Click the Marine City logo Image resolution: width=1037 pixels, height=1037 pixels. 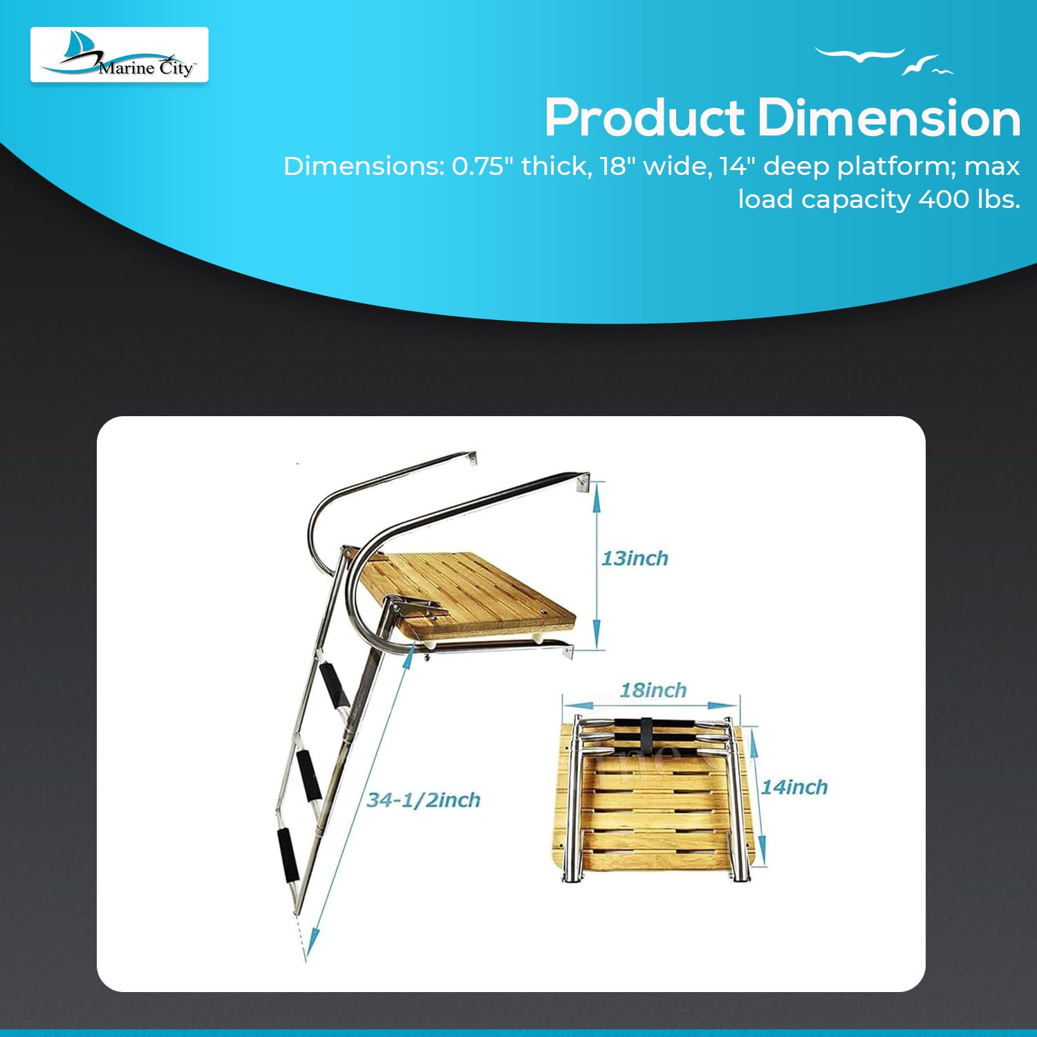point(119,55)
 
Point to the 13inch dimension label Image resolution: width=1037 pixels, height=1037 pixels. point(635,559)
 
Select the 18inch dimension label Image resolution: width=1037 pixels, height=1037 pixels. point(653,690)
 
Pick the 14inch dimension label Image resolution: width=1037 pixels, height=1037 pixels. point(794,787)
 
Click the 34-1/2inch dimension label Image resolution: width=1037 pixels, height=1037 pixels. point(423,800)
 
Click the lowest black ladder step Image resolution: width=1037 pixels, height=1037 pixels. point(287,855)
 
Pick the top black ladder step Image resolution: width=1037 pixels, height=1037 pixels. point(335,684)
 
